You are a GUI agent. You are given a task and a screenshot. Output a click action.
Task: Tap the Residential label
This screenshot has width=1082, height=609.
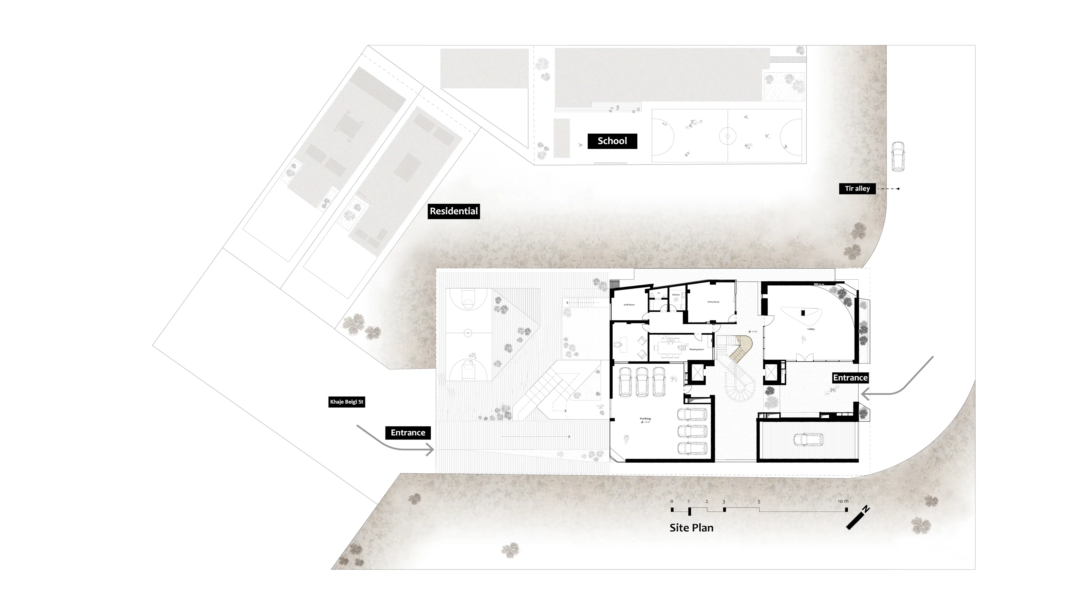coord(454,211)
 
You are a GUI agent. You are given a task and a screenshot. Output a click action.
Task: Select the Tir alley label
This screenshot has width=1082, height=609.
coord(857,189)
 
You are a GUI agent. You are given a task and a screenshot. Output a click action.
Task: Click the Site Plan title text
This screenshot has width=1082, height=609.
coord(691,528)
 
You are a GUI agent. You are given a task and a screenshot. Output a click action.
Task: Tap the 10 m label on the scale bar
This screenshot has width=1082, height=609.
coord(843,501)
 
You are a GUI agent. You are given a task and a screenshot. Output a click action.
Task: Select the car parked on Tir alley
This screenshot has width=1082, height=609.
coord(898,156)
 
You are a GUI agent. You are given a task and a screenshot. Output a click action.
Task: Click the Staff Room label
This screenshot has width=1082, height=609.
coord(629,305)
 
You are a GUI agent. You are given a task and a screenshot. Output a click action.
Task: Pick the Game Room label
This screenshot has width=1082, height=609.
coord(713,302)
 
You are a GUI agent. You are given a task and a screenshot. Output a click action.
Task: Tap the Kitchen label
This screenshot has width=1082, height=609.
coord(676,295)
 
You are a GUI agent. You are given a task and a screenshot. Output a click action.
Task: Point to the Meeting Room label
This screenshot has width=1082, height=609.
coord(697,349)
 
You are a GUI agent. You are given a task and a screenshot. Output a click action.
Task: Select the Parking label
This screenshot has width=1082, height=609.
coord(645,419)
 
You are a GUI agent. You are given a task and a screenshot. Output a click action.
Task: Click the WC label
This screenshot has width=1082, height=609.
coord(658,293)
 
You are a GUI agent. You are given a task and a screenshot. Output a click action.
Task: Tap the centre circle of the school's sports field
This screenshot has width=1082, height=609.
coord(728,136)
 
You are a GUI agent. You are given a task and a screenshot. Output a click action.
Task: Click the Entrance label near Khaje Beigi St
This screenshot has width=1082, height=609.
coord(408,433)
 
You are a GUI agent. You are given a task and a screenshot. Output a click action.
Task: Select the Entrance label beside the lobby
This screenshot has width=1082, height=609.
coord(850,378)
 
